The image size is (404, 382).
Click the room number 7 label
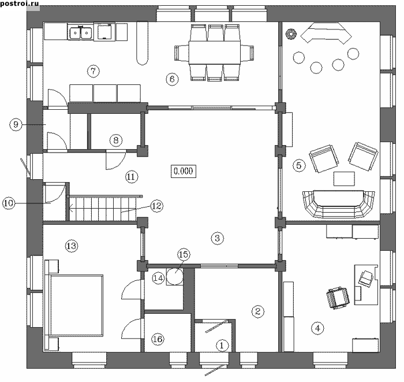click(x=93, y=71)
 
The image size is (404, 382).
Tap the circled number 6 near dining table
click(x=171, y=80)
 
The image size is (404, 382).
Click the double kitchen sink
click(x=80, y=32)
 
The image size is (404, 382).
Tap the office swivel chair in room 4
click(x=336, y=298)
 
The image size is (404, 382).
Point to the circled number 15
click(x=184, y=254)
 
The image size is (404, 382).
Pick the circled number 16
click(x=156, y=339)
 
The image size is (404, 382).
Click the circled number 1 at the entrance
click(x=222, y=346)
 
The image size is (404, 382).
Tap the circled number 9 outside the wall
click(x=16, y=124)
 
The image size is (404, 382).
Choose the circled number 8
click(x=115, y=139)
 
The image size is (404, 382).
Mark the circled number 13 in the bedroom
click(x=71, y=246)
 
